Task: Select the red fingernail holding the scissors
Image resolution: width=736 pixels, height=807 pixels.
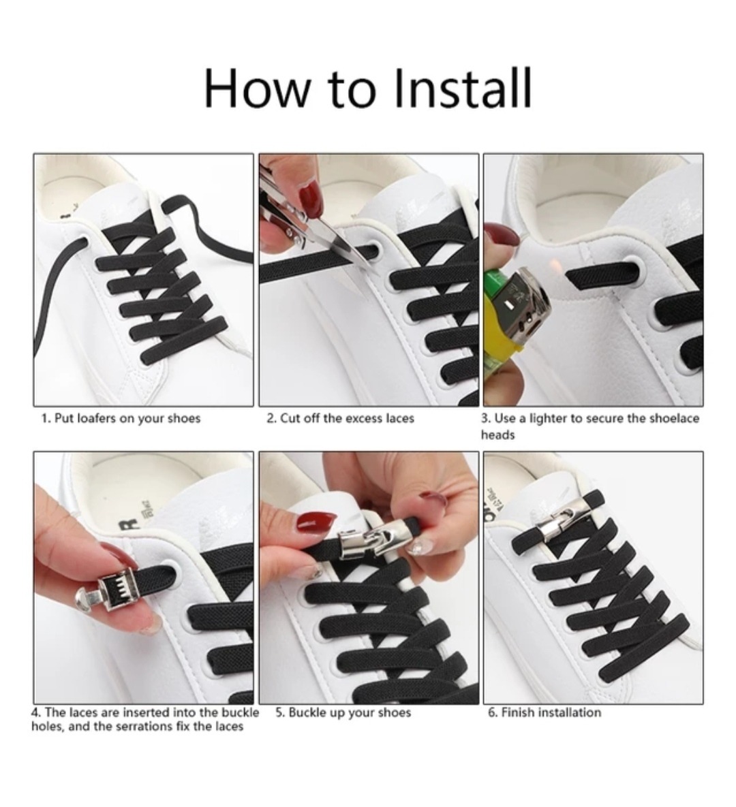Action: click(311, 199)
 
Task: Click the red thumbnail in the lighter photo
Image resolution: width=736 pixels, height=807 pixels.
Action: click(501, 235)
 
